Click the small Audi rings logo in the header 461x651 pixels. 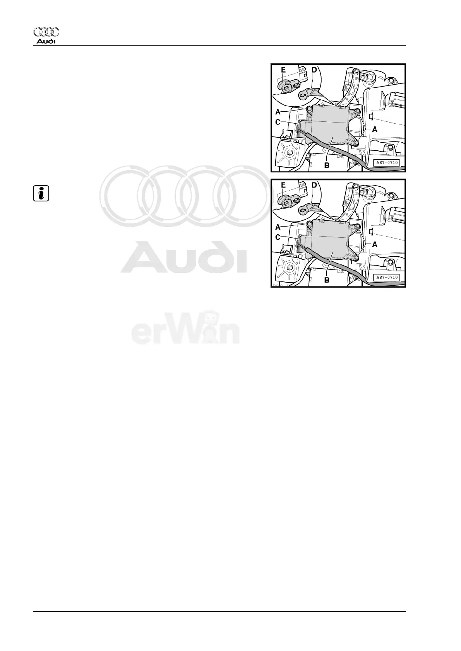pyautogui.click(x=46, y=32)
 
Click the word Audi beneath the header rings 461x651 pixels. pyautogui.click(x=46, y=41)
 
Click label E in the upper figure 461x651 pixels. pyautogui.click(x=283, y=70)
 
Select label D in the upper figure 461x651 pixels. pyautogui.click(x=314, y=70)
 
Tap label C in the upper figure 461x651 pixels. pyautogui.click(x=278, y=123)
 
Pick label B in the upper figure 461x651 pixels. pyautogui.click(x=327, y=165)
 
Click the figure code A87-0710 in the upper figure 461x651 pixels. pyautogui.click(x=387, y=163)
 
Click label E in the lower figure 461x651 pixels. pyautogui.click(x=283, y=185)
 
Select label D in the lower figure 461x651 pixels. pyautogui.click(x=314, y=185)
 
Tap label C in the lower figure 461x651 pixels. pyautogui.click(x=278, y=237)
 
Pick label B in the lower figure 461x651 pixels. pyautogui.click(x=327, y=280)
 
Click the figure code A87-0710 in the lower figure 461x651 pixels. pyautogui.click(x=387, y=277)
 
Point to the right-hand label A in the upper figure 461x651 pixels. pyautogui.click(x=374, y=130)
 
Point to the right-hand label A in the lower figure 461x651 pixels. pyautogui.click(x=374, y=244)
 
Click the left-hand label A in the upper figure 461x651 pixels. pyautogui.click(x=278, y=112)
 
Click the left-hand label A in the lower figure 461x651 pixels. pyautogui.click(x=278, y=227)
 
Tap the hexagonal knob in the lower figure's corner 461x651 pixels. pyautogui.click(x=288, y=268)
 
